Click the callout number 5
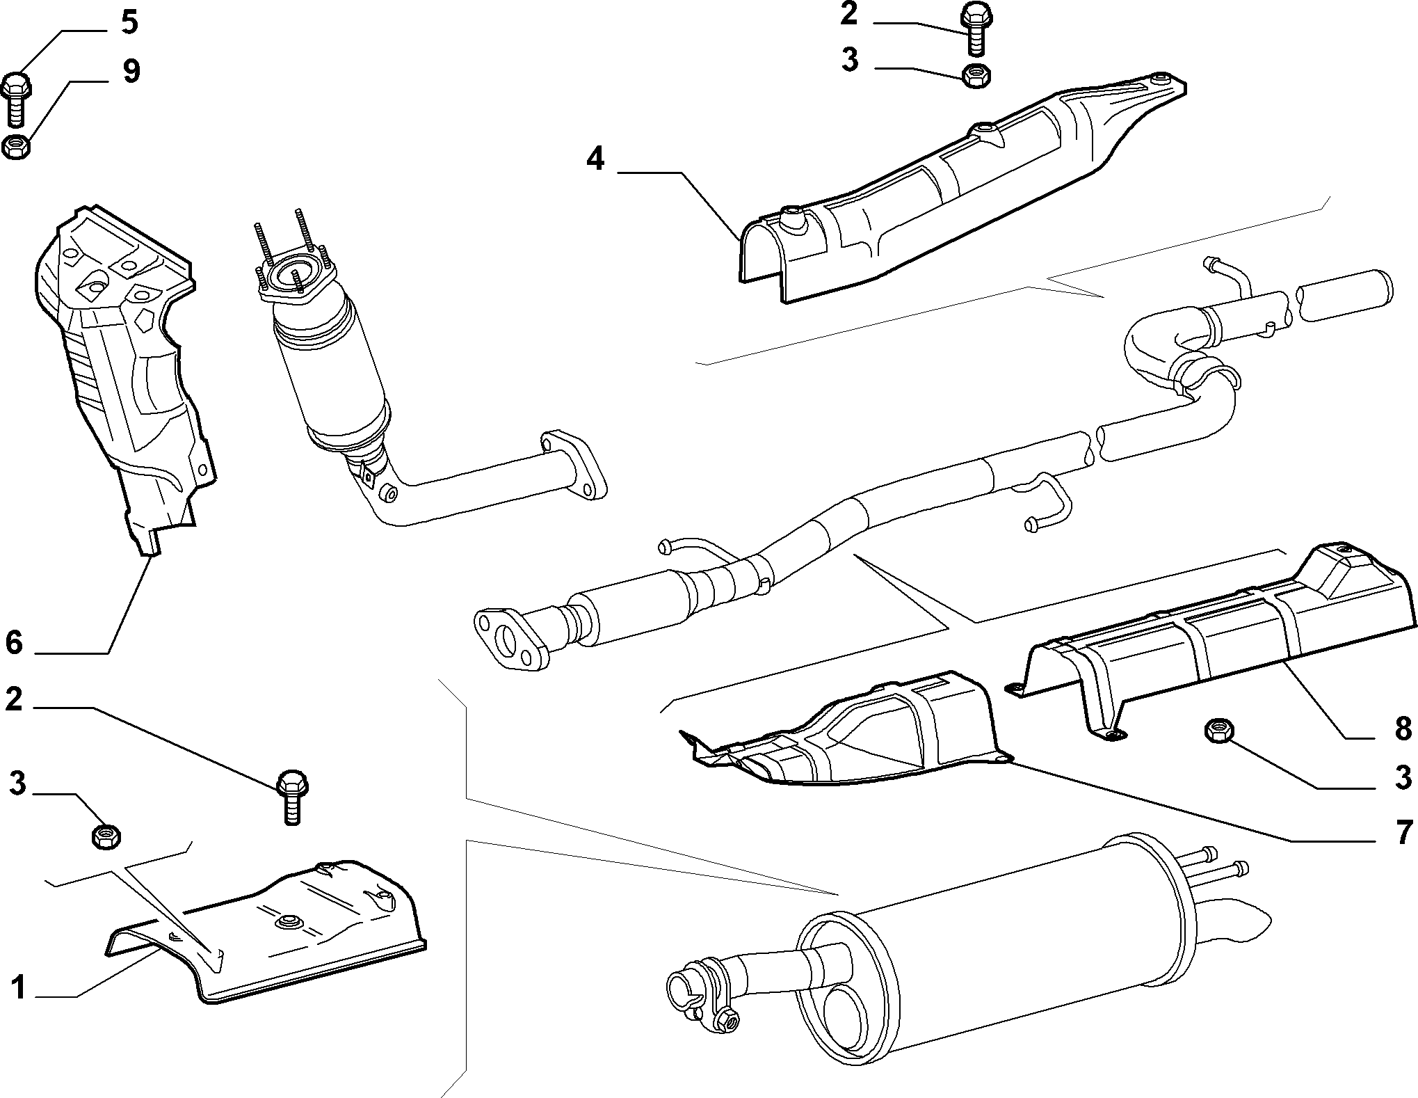[129, 23]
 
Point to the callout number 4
[595, 159]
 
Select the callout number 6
[14, 642]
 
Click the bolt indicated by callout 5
[17, 100]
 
